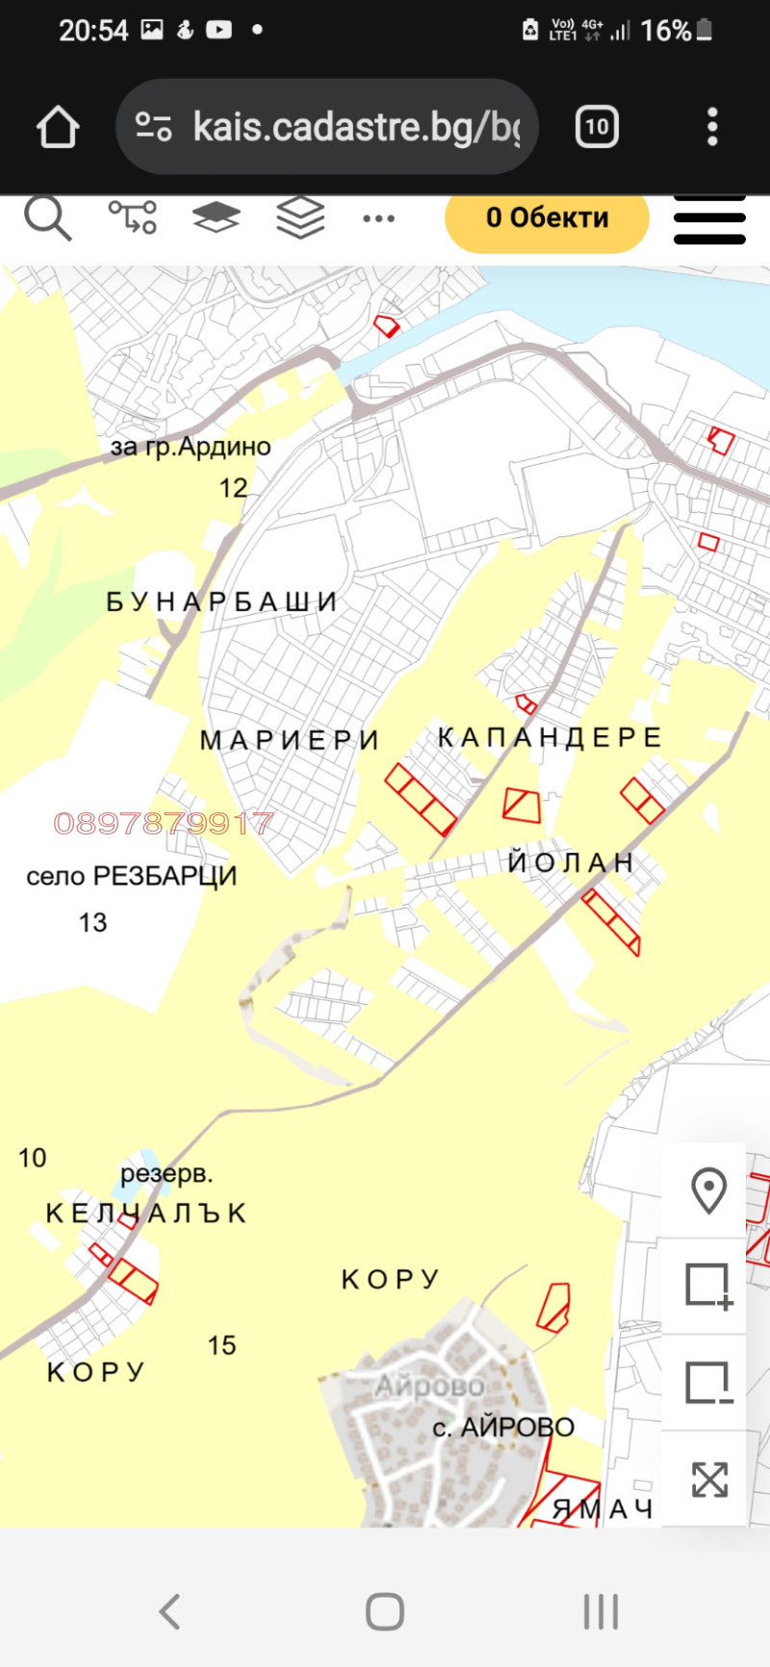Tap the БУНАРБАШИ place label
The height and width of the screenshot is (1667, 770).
221,603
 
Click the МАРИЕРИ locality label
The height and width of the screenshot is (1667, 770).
290,740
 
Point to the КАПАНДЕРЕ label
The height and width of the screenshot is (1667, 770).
550,737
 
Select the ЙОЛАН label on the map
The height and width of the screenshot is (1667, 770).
571,862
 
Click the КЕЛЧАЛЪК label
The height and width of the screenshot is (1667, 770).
147,1213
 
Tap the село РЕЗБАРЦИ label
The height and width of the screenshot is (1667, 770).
132,876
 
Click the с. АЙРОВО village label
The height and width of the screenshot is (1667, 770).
503,1426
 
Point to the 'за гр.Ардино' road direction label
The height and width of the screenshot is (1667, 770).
191,447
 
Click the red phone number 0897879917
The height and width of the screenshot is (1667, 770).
164,823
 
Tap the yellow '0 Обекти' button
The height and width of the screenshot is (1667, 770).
547,218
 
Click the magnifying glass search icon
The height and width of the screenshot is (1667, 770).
47,218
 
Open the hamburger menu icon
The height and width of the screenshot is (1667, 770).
709,219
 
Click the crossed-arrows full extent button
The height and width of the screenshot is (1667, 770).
708,1479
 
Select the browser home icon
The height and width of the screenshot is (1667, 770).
58,127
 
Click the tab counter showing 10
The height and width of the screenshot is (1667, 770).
597,127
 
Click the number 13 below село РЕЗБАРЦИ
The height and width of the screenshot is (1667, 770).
92,922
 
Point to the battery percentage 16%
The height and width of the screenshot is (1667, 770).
666,31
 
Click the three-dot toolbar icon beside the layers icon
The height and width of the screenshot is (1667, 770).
378,218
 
